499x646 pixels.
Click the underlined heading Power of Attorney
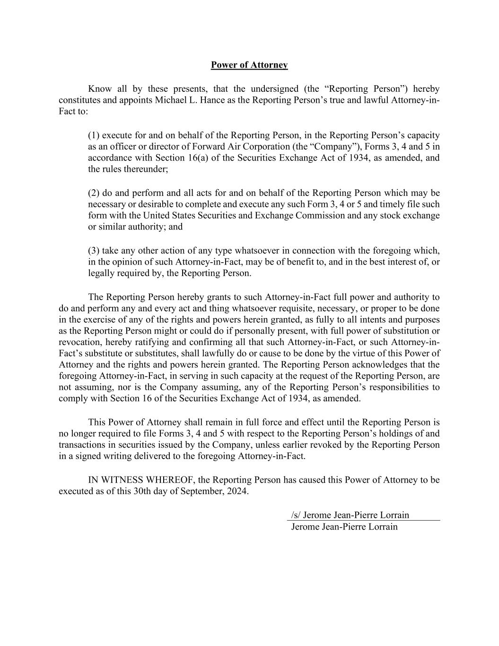click(249, 65)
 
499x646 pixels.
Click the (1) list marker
click(94, 135)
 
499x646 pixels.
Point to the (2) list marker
click(94, 193)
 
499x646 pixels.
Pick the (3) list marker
click(94, 251)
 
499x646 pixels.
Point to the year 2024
click(236, 491)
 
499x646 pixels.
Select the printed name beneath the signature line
click(344, 527)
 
